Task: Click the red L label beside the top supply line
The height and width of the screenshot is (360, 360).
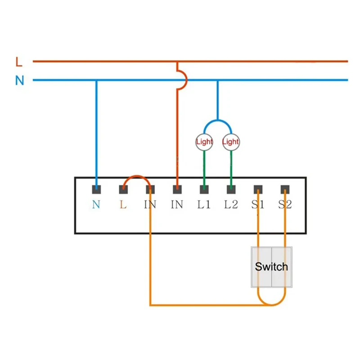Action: pos(19,62)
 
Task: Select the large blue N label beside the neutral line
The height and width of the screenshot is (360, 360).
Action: pos(19,81)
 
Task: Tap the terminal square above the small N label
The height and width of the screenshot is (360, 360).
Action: pos(96,189)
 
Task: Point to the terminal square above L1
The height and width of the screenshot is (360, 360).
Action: pos(204,189)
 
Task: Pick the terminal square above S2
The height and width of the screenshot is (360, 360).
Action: pos(285,189)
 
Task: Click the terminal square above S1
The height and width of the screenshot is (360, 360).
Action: pos(258,189)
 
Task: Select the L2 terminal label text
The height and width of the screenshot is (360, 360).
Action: pos(231,204)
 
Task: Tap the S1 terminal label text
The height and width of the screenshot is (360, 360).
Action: pos(258,204)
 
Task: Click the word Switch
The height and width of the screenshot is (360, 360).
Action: pos(271,267)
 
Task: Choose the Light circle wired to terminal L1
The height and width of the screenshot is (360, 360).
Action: pos(204,142)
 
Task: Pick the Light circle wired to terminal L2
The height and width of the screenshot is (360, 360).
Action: pos(231,142)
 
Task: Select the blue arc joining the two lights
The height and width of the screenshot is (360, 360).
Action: pos(218,120)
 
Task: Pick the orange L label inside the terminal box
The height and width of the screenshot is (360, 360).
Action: pos(123,204)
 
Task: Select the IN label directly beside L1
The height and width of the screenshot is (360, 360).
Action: pos(177,204)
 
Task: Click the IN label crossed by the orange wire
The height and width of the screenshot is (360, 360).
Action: pos(150,204)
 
